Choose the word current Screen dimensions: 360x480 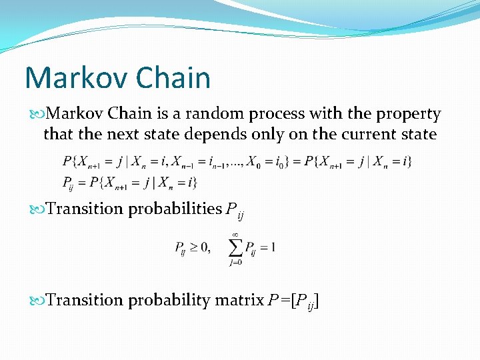[365, 134]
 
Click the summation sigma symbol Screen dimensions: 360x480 [236, 248]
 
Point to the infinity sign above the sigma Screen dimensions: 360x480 [235, 234]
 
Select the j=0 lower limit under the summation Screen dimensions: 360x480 [236, 262]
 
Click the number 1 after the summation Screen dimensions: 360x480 [272, 248]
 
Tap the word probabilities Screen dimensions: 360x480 [174, 209]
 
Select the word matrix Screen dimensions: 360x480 [239, 301]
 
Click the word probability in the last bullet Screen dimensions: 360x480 [169, 301]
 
